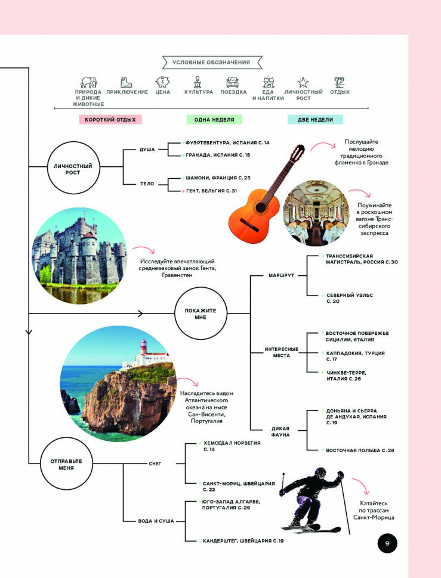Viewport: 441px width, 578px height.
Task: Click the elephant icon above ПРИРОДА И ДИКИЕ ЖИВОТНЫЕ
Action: coord(89,82)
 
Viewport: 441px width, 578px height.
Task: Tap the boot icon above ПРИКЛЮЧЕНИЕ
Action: coord(127,82)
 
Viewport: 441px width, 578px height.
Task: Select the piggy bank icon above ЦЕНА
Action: coord(162,82)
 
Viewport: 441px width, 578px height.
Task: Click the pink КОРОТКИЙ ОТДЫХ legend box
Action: coord(110,120)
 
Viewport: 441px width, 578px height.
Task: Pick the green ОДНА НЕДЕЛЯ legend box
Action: coord(214,120)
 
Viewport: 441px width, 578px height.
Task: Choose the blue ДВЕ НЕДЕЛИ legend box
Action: coord(315,120)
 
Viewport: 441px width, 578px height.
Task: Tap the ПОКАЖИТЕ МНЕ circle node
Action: coord(200,313)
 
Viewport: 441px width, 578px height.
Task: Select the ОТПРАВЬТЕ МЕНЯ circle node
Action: coord(66,464)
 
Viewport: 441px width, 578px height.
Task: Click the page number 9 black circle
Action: coord(387,543)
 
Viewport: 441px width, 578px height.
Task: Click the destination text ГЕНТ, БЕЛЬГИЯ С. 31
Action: coord(212,191)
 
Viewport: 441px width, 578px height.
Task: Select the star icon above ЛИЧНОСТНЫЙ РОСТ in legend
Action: coord(303,82)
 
